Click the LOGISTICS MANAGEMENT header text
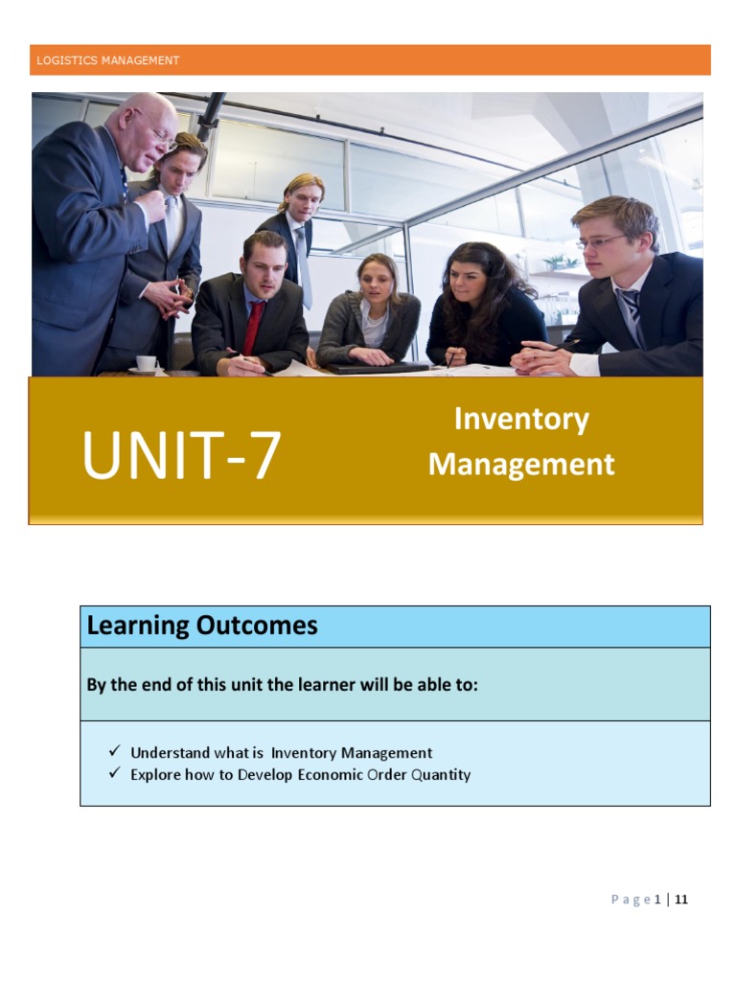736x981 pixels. [x=107, y=60]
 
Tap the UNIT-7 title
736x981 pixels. [x=181, y=456]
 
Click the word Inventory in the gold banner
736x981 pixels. [x=521, y=419]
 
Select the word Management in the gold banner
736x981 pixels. [x=521, y=465]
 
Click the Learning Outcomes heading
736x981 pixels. [x=202, y=627]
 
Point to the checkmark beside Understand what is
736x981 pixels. [x=114, y=752]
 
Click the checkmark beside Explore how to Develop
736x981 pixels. [x=114, y=773]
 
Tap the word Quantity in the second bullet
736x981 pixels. [x=441, y=774]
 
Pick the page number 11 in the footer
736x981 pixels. [x=681, y=899]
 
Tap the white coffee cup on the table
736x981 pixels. [x=146, y=363]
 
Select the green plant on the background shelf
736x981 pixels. [x=561, y=262]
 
